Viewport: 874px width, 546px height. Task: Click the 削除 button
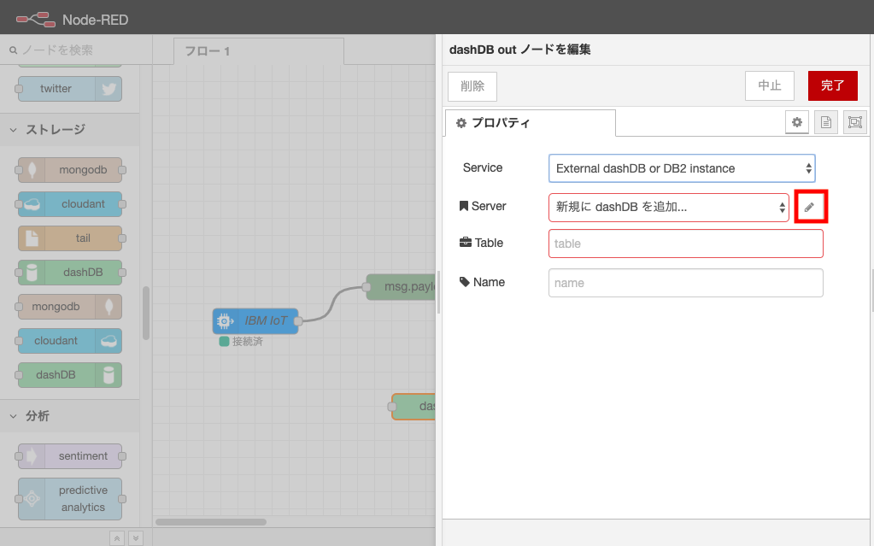tap(472, 85)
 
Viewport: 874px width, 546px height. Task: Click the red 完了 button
tap(832, 85)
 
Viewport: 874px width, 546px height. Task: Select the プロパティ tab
tap(530, 123)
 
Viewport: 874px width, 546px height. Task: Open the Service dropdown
tap(682, 168)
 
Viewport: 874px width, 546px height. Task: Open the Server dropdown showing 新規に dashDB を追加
tap(668, 207)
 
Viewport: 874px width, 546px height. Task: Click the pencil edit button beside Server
tap(810, 207)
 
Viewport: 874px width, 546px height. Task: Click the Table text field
tap(685, 244)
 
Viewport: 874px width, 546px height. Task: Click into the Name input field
tap(685, 283)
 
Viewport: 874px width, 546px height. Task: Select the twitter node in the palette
tap(69, 89)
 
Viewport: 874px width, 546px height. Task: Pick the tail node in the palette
tap(69, 238)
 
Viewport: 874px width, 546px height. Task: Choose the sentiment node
tap(69, 456)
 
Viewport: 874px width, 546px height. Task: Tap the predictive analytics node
tap(69, 499)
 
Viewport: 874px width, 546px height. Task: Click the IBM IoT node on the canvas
tap(255, 321)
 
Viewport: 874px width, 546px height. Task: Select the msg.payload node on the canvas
tap(402, 287)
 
